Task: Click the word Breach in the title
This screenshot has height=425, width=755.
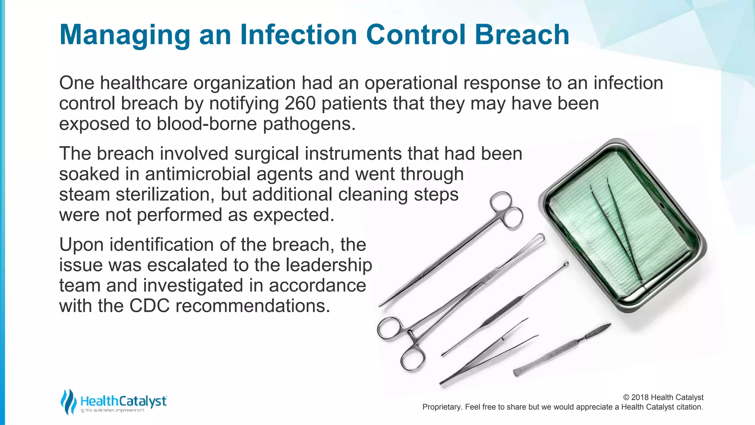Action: pyautogui.click(x=522, y=34)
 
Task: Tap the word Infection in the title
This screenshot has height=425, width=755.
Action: pyautogui.click(x=299, y=34)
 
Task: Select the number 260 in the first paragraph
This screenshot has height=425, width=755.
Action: pyautogui.click(x=300, y=103)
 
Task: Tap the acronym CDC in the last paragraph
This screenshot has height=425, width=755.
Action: pyautogui.click(x=149, y=306)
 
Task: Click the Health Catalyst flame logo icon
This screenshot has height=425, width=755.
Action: pyautogui.click(x=69, y=401)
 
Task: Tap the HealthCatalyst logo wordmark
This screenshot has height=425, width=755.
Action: pyautogui.click(x=123, y=401)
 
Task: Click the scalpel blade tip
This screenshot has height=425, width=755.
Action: pyautogui.click(x=608, y=325)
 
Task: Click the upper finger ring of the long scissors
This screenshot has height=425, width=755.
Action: pyautogui.click(x=501, y=203)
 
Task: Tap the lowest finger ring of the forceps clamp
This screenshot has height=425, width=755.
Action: pyautogui.click(x=413, y=359)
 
